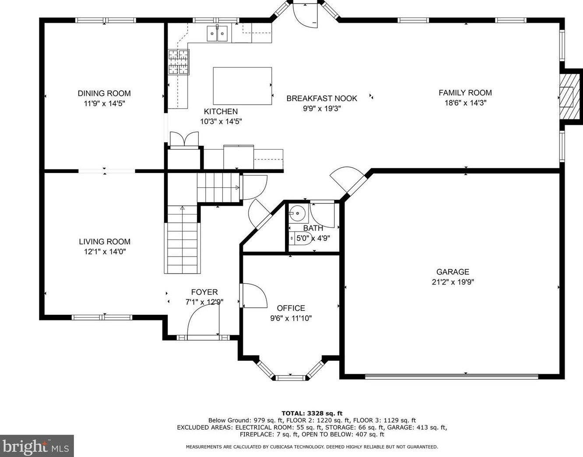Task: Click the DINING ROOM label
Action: (x=104, y=93)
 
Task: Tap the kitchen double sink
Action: (x=217, y=34)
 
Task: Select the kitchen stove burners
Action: (x=179, y=62)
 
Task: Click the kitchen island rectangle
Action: (x=242, y=86)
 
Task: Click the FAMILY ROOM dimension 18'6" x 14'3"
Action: (x=466, y=103)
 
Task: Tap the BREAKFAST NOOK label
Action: (x=322, y=98)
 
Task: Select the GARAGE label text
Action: (x=453, y=272)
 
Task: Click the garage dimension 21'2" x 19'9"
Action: (x=453, y=282)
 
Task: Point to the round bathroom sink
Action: (x=298, y=213)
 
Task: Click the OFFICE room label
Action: (x=291, y=308)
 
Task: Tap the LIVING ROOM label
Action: (x=105, y=242)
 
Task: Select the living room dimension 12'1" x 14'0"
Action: (x=105, y=252)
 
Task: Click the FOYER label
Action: (x=204, y=292)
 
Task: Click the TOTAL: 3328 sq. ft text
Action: (x=312, y=414)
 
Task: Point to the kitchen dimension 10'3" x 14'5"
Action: (x=221, y=122)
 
